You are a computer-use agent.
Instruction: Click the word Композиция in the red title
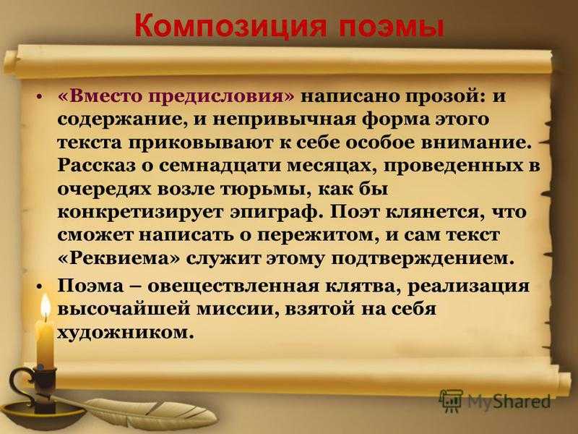[x=230, y=26]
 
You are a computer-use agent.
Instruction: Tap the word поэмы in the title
[x=391, y=26]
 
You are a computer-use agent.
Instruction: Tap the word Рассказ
[x=97, y=166]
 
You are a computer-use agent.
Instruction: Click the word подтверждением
[x=423, y=259]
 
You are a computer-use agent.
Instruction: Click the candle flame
[x=46, y=307]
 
